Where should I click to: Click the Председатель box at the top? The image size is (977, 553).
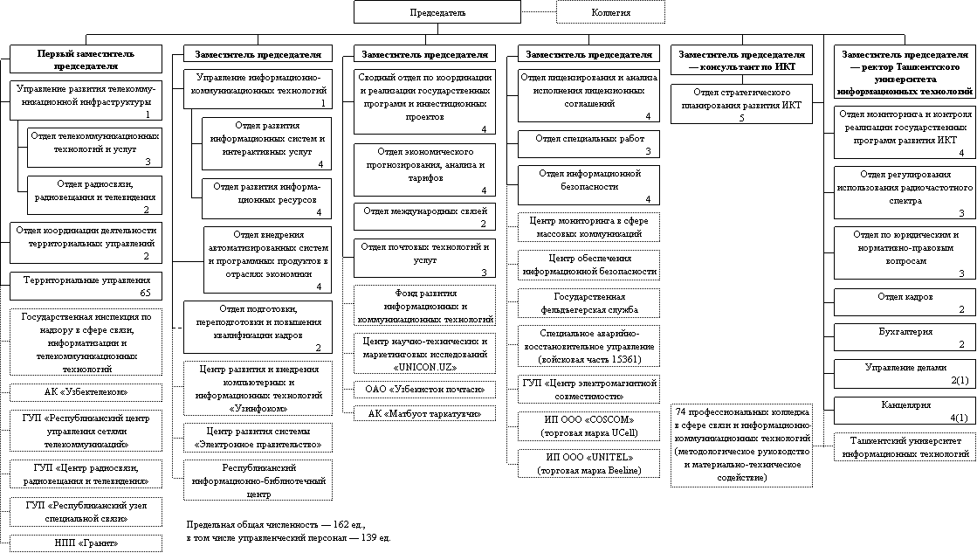[437, 12]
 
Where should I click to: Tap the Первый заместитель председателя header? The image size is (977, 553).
[86, 59]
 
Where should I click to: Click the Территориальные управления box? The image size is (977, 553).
[86, 286]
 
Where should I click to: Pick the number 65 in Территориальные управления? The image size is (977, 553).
[145, 293]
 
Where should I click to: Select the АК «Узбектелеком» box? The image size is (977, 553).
[86, 391]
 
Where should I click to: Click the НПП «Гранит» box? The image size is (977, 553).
[86, 543]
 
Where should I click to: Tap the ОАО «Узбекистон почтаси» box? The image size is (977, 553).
[424, 388]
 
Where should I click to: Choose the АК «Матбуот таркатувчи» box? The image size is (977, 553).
[424, 412]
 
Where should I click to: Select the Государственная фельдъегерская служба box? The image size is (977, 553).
[589, 303]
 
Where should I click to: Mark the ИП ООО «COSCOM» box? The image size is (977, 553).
[589, 425]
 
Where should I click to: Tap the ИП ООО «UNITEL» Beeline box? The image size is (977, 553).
[589, 464]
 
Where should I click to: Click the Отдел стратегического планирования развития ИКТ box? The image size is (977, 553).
[741, 104]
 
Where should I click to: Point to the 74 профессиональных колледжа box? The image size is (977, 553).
[741, 445]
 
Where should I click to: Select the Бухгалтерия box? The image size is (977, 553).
[905, 337]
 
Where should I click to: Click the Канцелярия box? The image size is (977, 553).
[905, 411]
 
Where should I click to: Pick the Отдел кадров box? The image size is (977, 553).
[905, 302]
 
